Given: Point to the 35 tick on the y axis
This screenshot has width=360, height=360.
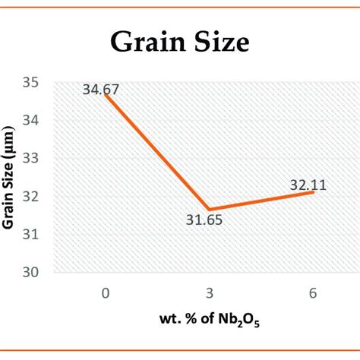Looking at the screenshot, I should coord(35,82).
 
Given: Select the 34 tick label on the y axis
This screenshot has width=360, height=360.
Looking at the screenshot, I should coord(35,120).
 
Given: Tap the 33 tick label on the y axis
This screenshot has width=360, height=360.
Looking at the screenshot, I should coord(35,158).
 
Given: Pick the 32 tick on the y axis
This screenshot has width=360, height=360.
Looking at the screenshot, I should coord(35,196).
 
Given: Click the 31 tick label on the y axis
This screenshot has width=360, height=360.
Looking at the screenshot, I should coord(35,234).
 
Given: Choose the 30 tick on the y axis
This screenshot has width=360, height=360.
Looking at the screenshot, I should coord(35,272).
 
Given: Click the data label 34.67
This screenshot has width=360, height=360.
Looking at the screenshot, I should coord(101,90).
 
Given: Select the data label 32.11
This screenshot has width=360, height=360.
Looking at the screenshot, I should coord(308,184).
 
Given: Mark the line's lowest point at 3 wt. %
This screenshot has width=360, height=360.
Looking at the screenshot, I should coord(207,209).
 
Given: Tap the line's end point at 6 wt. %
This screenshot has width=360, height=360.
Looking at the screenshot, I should coord(313,192).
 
